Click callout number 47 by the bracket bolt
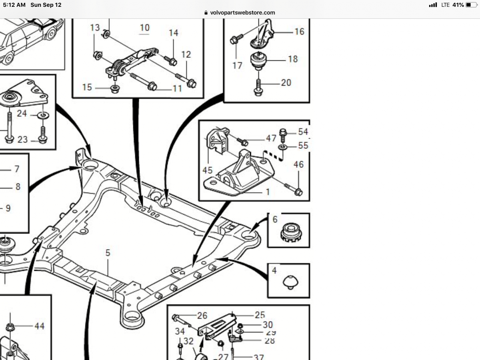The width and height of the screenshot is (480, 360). click(271, 138)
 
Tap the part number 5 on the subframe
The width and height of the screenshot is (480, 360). click(108, 253)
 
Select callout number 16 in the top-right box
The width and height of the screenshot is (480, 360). click(299, 32)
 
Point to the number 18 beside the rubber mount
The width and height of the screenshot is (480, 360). click(293, 59)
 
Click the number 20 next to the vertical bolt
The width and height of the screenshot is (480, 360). click(286, 83)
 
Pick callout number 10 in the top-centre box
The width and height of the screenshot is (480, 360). click(144, 28)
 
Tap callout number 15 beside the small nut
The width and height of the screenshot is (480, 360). click(87, 87)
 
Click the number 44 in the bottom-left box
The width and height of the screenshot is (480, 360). click(39, 326)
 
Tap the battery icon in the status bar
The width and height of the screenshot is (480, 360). click(471, 5)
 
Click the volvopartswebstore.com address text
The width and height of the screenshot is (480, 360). click(242, 12)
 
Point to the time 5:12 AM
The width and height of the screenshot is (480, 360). click(14, 5)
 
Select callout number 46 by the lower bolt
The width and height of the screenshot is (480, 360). click(298, 164)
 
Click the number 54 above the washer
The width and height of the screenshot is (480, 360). click(303, 132)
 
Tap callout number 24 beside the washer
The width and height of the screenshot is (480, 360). click(22, 114)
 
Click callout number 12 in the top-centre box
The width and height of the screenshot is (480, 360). click(186, 54)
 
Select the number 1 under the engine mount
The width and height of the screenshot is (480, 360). click(268, 192)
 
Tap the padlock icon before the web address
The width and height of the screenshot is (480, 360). click(206, 12)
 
